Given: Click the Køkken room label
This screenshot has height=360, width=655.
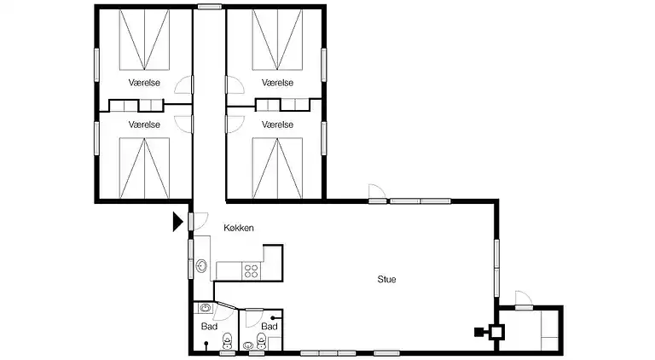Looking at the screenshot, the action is click(x=239, y=228).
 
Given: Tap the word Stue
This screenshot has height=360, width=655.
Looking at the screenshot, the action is click(x=386, y=279).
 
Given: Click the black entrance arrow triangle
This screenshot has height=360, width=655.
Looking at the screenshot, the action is click(x=178, y=221).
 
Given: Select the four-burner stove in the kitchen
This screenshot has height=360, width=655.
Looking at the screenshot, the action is click(x=252, y=270).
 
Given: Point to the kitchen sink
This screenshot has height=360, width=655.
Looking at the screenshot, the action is click(x=202, y=265).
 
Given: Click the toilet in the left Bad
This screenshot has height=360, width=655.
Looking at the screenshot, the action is click(x=227, y=340).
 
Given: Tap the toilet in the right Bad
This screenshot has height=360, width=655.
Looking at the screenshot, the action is click(x=262, y=340).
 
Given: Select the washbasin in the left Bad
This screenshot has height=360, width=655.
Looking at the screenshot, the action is click(x=205, y=308).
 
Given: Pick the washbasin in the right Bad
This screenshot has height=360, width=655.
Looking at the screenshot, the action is click(x=248, y=345).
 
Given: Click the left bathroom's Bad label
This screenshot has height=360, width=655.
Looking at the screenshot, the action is click(x=209, y=326).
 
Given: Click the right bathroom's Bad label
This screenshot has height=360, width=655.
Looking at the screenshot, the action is click(x=270, y=326).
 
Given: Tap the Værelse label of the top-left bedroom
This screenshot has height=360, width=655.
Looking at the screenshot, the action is click(x=144, y=83).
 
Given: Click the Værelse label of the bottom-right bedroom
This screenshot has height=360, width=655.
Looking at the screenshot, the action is click(x=277, y=125).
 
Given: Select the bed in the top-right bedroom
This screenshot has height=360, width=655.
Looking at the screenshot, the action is click(x=277, y=40).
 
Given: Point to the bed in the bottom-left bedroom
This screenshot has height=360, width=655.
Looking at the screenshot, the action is click(x=144, y=168).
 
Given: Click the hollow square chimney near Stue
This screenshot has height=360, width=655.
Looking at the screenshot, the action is click(x=496, y=333).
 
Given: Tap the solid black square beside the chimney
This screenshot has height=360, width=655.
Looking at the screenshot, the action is click(x=478, y=333).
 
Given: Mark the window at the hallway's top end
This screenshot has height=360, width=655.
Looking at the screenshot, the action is click(x=209, y=7).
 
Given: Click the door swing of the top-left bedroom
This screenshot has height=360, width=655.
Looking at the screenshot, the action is click(x=183, y=85).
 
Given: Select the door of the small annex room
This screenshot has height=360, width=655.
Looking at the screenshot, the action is click(x=524, y=300).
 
